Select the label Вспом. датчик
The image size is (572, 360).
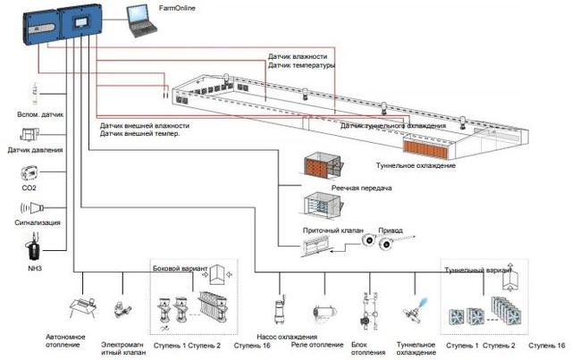(x=39, y=115)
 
